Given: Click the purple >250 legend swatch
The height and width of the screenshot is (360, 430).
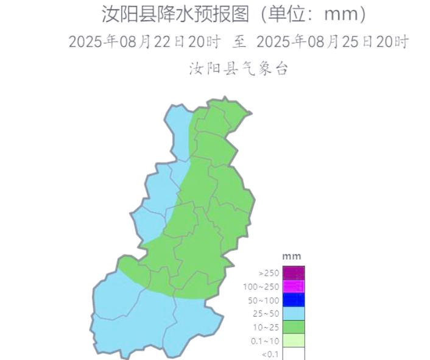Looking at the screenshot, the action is click(294, 273).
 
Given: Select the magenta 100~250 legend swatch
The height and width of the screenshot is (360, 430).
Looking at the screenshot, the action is click(294, 286).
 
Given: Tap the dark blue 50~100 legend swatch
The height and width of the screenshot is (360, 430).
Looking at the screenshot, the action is click(294, 300).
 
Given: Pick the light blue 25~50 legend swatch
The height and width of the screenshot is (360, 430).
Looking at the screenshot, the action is click(294, 313).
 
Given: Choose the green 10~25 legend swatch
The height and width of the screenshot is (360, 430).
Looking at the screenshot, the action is click(294, 326).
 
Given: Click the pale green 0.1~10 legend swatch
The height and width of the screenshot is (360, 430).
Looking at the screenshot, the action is click(294, 340).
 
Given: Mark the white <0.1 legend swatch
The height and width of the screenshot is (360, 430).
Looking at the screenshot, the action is click(294, 353).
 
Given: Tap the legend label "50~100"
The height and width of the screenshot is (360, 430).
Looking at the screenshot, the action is click(263, 300).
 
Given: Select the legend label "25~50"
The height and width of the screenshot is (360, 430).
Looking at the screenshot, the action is click(266, 314).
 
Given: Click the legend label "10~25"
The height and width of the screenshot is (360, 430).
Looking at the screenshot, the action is click(266, 327).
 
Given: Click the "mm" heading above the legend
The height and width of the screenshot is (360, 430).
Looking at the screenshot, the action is click(292, 256).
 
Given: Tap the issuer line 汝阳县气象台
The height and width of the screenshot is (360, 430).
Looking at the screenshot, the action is click(238, 69).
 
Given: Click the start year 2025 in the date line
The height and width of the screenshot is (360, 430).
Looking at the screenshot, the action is click(86, 42).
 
